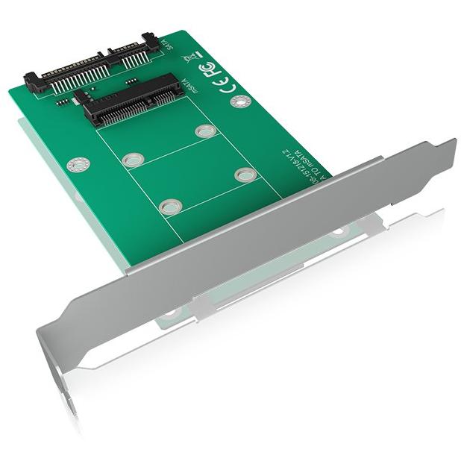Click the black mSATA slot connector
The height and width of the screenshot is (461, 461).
[x=134, y=100]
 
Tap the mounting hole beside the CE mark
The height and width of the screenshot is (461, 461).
[x=240, y=101]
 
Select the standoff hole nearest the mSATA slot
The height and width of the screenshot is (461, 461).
[x=205, y=131]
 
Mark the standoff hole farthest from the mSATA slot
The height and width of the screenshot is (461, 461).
[x=170, y=206]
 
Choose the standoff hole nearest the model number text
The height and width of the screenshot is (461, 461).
[x=245, y=175]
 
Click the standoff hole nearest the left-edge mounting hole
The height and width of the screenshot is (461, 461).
[x=133, y=160]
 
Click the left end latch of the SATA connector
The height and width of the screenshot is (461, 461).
[x=31, y=80]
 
